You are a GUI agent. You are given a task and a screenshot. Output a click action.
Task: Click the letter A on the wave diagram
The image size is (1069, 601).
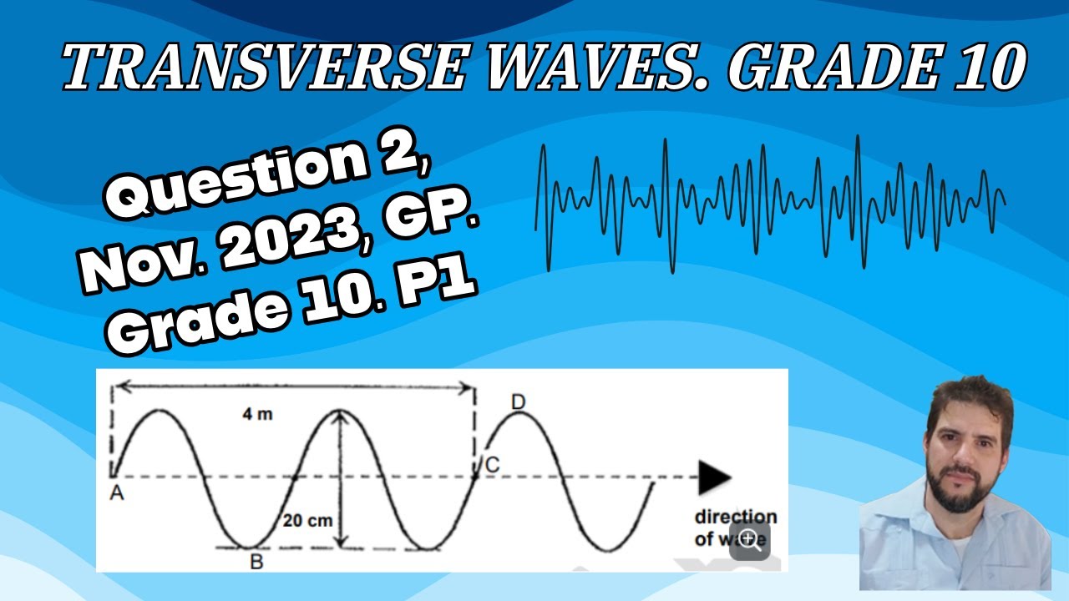point(117,494)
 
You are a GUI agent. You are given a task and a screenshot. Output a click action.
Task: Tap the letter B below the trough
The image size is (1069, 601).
point(256,562)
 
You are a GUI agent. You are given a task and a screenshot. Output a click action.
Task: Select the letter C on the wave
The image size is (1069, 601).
point(492,466)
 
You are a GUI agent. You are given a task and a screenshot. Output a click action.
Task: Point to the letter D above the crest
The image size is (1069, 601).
point(518,403)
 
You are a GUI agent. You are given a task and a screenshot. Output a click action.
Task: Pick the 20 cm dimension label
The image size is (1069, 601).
point(307,521)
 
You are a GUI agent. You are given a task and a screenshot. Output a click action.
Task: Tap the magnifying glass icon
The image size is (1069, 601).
point(749,540)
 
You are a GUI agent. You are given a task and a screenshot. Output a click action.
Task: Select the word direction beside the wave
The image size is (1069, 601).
point(735,517)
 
